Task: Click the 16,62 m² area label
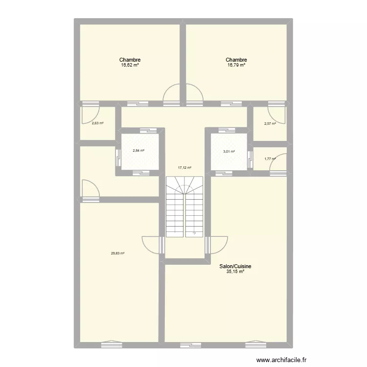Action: point(130,65)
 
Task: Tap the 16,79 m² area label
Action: point(236,65)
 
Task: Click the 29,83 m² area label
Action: point(117,253)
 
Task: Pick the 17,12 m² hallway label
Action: point(184,167)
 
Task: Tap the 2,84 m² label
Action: point(138,150)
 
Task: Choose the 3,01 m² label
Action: point(229,152)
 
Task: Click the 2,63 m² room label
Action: point(97,123)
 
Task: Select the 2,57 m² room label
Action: point(270,123)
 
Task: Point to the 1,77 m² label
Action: point(270,158)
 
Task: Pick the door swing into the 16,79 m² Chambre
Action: point(194,94)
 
